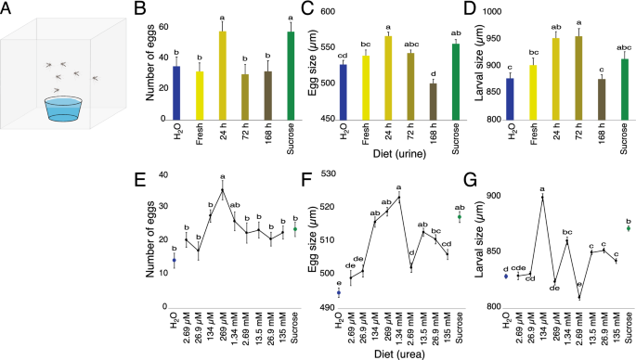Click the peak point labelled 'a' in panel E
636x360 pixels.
point(222,190)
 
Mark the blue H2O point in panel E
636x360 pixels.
point(174,260)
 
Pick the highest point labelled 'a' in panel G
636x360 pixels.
point(541,198)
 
